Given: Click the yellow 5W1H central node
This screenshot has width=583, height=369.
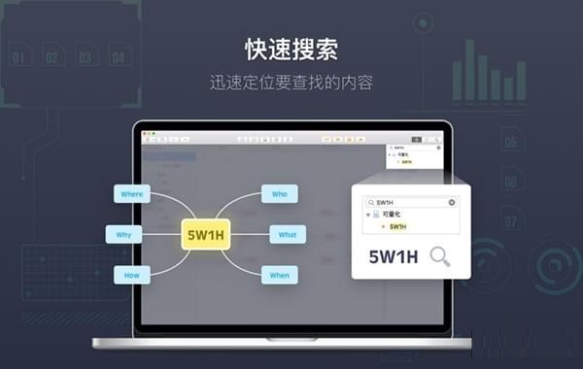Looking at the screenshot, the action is click(x=206, y=234).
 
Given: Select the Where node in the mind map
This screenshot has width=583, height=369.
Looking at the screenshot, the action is click(x=131, y=194).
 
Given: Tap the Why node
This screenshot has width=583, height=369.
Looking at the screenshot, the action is click(x=123, y=234).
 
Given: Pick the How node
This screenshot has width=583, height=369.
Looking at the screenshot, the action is click(x=131, y=275).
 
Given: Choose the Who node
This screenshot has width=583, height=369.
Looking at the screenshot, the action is click(x=280, y=194).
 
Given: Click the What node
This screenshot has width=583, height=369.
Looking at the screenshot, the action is click(x=288, y=234).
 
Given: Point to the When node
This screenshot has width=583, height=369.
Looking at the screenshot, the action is click(x=280, y=275).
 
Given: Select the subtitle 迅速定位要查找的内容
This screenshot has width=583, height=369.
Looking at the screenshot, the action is click(x=291, y=82).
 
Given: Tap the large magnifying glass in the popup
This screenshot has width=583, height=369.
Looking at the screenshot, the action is click(x=440, y=256).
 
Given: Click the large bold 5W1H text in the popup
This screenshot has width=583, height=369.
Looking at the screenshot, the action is click(x=394, y=257).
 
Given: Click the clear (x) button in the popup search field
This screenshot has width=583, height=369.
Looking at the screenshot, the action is click(x=452, y=202).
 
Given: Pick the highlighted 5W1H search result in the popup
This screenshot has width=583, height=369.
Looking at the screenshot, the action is click(x=398, y=226).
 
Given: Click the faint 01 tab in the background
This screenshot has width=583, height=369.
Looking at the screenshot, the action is click(x=18, y=58).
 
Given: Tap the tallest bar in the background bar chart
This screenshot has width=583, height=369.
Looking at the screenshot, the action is click(x=470, y=70).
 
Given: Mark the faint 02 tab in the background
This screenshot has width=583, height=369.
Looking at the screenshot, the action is click(x=51, y=58).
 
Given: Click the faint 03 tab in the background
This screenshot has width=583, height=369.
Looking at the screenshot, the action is click(x=85, y=58).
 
